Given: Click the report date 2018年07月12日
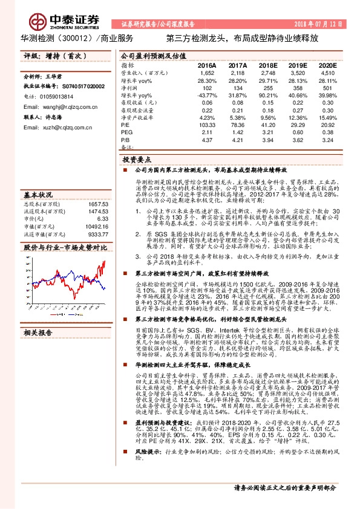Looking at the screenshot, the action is pyautogui.click(x=321, y=24).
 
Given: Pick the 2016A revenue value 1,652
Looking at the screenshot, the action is pyautogui.click(x=207, y=73).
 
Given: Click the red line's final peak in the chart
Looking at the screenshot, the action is pyautogui.click(x=104, y=262).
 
